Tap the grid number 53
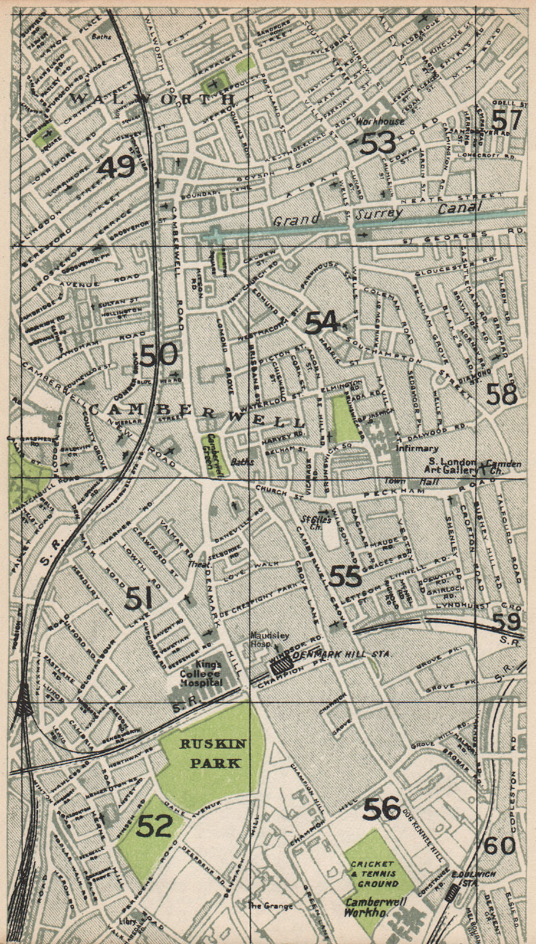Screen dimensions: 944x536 coord(378,143)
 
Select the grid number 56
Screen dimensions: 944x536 coord(382,809)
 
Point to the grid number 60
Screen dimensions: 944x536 coord(499,845)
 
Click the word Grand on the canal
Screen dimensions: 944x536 coord(297,219)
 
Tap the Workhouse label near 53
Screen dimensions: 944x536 coord(380,121)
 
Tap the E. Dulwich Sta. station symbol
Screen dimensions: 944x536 coord(452,893)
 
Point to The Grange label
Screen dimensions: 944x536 coord(269,906)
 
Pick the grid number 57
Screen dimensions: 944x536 coord(506,120)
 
